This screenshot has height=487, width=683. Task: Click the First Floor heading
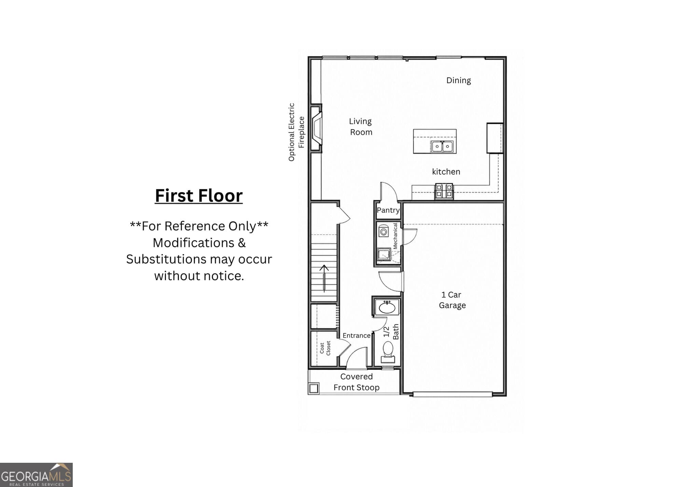click(x=199, y=196)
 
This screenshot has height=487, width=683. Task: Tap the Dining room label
click(x=459, y=80)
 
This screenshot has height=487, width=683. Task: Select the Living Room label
click(x=361, y=127)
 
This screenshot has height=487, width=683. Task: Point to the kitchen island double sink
click(x=442, y=146)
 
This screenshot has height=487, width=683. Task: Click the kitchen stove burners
click(x=444, y=191)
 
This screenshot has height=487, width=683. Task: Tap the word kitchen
click(x=446, y=172)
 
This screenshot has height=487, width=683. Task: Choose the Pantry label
click(x=388, y=210)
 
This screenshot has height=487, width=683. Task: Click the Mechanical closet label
click(x=395, y=236)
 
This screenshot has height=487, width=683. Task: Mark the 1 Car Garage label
click(x=452, y=300)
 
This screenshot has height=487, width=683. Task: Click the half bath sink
click(x=387, y=307)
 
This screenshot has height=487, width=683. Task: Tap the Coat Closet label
click(x=325, y=348)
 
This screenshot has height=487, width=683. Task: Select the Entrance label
click(x=357, y=336)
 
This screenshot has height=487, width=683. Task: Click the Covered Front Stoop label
click(x=357, y=382)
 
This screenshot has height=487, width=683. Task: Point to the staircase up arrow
click(x=324, y=278)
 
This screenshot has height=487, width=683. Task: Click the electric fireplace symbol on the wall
click(x=317, y=128)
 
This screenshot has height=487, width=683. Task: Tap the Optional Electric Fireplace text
click(x=296, y=132)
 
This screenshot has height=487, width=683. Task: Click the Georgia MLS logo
click(x=36, y=475)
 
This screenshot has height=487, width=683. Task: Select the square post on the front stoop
click(x=314, y=388)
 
